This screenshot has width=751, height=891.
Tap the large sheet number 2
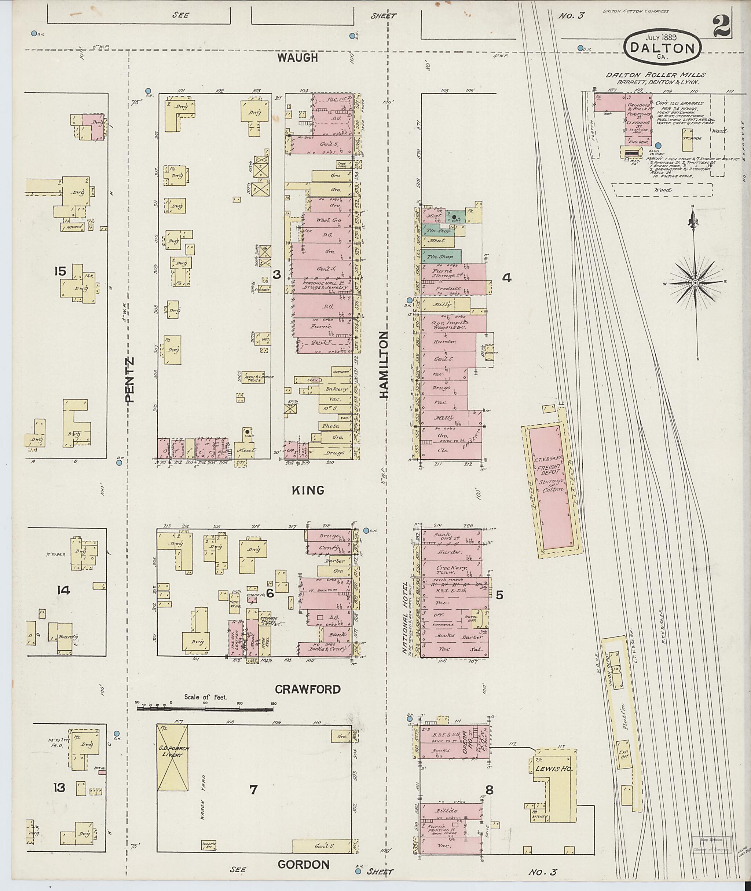[721, 24]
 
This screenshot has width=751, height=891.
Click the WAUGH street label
[298, 58]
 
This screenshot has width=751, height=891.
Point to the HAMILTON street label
[384, 365]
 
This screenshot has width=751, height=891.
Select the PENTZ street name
[129, 380]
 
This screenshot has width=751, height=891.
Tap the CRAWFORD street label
[308, 689]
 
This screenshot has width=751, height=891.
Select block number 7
[253, 790]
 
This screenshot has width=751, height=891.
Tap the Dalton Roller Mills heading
[656, 75]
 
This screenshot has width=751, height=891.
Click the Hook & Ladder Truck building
[254, 378]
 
